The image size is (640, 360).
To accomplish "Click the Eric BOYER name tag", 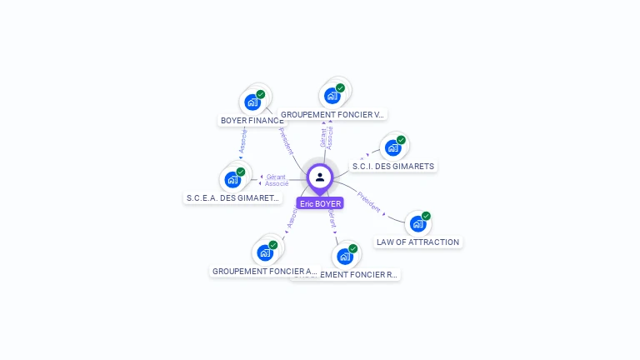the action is pyautogui.click(x=320, y=203).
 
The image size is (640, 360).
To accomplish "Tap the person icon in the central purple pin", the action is pyautogui.click(x=320, y=177).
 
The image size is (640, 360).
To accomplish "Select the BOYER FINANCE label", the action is pyautogui.click(x=251, y=121).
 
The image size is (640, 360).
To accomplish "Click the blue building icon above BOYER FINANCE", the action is pyautogui.click(x=252, y=102).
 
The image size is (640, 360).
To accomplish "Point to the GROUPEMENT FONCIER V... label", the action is pyautogui.click(x=332, y=114).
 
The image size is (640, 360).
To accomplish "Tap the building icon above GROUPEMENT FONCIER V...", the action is pyautogui.click(x=332, y=95).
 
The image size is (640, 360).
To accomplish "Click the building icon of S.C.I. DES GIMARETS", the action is pyautogui.click(x=392, y=147).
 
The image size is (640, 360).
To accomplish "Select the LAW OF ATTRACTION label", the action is pyautogui.click(x=417, y=242).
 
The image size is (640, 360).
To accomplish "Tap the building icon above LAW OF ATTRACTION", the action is pyautogui.click(x=417, y=223).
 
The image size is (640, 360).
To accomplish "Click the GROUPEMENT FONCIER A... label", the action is pyautogui.click(x=264, y=272).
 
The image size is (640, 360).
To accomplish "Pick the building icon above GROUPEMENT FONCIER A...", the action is pyautogui.click(x=265, y=252).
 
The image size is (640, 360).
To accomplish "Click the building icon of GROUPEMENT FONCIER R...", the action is pyautogui.click(x=344, y=256).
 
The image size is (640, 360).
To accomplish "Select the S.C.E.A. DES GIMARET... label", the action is pyautogui.click(x=232, y=198).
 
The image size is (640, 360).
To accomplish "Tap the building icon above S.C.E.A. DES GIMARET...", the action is pyautogui.click(x=232, y=179).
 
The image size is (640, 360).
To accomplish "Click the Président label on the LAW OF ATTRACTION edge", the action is pyautogui.click(x=368, y=201).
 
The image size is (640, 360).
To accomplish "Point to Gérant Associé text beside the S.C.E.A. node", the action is pyautogui.click(x=277, y=180).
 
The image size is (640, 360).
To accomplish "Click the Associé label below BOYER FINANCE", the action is pyautogui.click(x=242, y=142).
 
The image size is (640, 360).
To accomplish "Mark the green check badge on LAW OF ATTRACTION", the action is pyautogui.click(x=426, y=216).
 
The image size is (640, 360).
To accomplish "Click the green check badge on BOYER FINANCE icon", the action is pyautogui.click(x=261, y=95).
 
